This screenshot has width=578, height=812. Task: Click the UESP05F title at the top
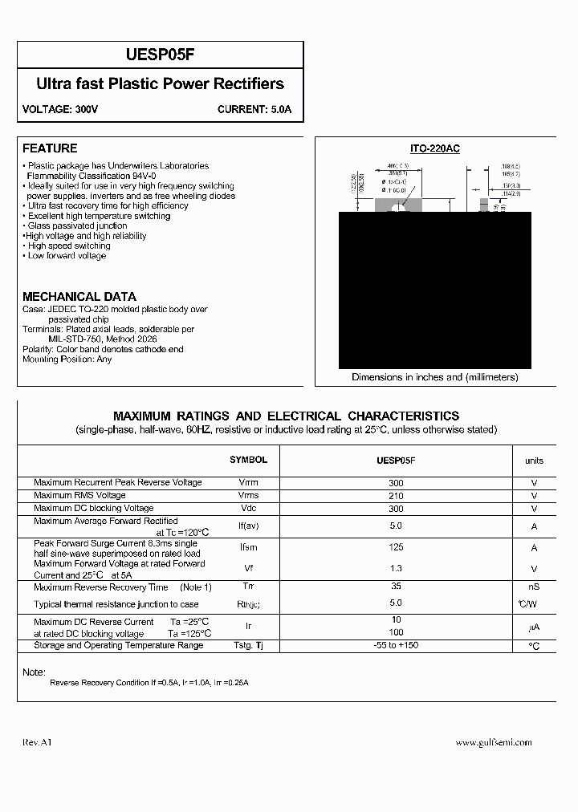tap(160, 55)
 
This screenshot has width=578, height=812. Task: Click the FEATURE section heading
tap(50, 148)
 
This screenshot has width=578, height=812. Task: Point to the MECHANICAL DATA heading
tap(79, 296)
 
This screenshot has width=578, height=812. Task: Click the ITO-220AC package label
tap(434, 149)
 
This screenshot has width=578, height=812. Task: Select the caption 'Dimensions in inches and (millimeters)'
tap(434, 377)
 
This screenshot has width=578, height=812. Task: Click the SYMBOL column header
tap(248, 460)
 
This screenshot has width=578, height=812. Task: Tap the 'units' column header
tap(534, 461)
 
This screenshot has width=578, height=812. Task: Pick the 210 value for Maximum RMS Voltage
tap(396, 496)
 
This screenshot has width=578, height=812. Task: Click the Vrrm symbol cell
tap(248, 483)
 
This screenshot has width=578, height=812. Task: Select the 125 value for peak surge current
tap(396, 548)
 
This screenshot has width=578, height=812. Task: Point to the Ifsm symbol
tap(248, 548)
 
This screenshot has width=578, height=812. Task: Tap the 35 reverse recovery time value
tap(396, 587)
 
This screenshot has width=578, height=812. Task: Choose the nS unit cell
tap(534, 588)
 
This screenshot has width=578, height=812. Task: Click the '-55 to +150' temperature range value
tap(396, 646)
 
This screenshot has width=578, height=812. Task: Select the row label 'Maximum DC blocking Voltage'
tap(93, 509)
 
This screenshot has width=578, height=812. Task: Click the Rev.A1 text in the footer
tap(37, 743)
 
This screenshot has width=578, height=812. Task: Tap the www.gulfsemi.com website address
tap(493, 743)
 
